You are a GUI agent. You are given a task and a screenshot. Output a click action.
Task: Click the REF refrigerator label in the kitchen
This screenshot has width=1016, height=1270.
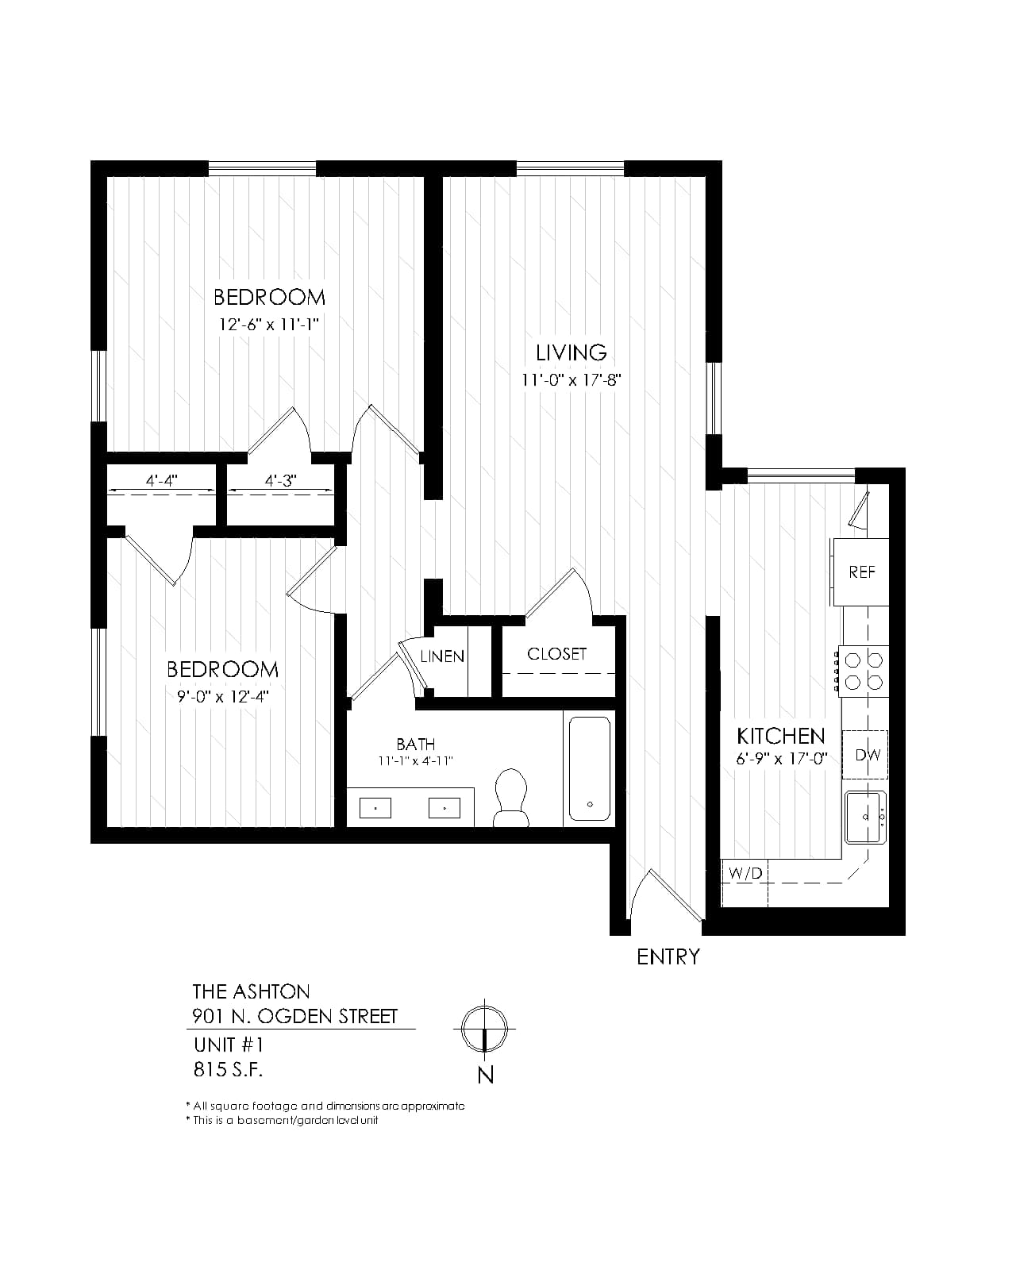[861, 571]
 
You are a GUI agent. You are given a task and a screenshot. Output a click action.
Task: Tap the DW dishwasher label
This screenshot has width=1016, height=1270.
[868, 754]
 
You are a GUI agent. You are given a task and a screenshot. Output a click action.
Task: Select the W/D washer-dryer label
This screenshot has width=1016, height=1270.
[745, 873]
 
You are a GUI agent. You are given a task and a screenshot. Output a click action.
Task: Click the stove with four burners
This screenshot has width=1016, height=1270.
[864, 671]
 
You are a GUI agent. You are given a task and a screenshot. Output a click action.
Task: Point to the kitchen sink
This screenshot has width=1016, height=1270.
[865, 818]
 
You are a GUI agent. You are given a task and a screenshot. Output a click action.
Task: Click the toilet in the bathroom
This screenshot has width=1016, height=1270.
[510, 797]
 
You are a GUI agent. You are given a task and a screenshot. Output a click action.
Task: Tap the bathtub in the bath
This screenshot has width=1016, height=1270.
[589, 768]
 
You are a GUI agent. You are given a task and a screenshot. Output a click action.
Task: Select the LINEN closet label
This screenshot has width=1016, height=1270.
[442, 656]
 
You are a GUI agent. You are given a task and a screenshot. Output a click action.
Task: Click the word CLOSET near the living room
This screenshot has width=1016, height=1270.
[556, 654]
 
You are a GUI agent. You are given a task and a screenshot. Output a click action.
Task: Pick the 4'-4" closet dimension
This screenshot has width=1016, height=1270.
[161, 481]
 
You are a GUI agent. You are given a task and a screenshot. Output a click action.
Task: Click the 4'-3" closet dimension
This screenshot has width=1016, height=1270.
[280, 481]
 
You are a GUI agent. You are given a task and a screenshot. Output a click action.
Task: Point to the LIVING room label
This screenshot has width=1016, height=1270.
[571, 352]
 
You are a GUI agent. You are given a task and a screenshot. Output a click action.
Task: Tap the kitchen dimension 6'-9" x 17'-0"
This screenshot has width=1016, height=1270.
[782, 759]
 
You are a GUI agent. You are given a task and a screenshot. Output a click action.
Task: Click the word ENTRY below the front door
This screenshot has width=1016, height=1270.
[668, 956]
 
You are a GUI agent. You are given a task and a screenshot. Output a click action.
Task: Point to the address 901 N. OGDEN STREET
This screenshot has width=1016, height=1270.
[295, 1016]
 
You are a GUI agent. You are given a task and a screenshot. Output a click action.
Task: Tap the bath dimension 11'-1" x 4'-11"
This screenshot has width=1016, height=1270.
[416, 761]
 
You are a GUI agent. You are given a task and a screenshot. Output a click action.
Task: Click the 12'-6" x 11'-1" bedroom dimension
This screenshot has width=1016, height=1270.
[268, 325]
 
